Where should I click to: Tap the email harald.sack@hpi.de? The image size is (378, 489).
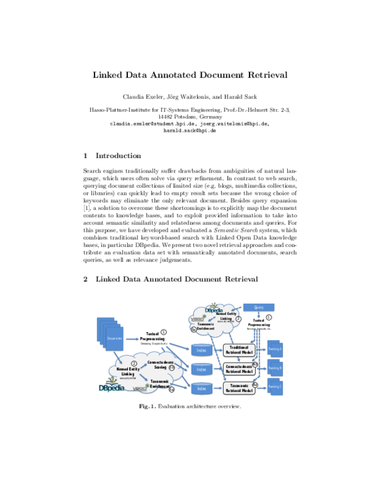189,130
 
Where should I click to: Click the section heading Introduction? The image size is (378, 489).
118,156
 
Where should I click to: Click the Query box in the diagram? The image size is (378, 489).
258,307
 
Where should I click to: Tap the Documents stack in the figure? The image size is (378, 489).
115,338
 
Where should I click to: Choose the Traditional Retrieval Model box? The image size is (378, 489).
239,350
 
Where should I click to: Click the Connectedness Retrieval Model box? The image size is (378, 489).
239,369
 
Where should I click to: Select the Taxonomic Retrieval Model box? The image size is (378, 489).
239,389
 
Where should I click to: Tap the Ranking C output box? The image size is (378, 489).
275,386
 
